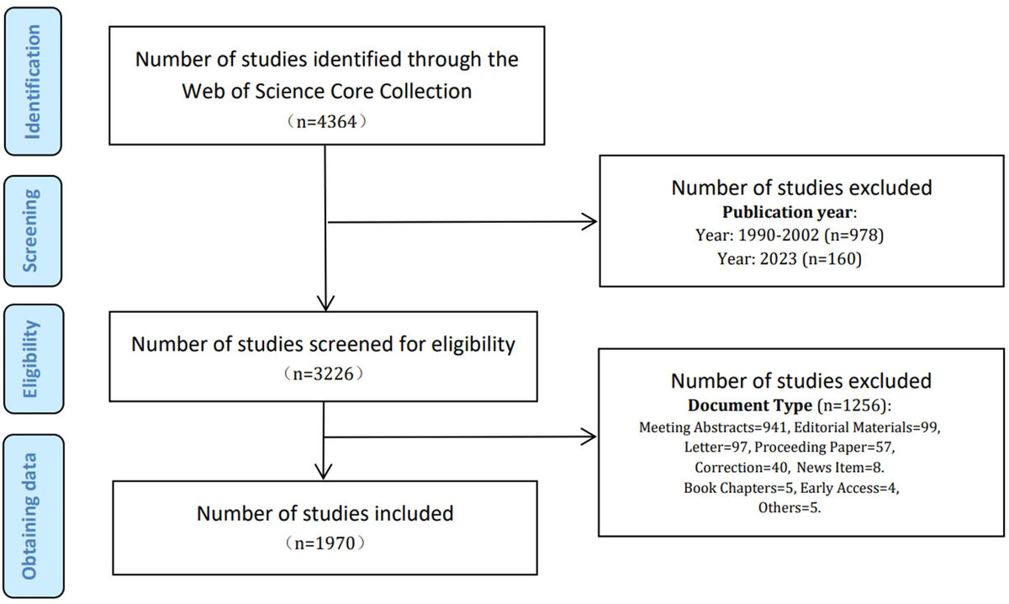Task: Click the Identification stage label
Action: click(33, 82)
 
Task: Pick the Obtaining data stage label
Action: click(30, 517)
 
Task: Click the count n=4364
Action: click(326, 122)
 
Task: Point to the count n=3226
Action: click(324, 374)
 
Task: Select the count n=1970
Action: click(325, 543)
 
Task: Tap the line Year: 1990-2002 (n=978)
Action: click(790, 236)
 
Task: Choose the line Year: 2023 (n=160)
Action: click(790, 259)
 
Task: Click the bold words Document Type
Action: click(750, 405)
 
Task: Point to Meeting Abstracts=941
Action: click(713, 427)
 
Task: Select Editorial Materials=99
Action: click(866, 427)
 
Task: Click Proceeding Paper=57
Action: click(823, 448)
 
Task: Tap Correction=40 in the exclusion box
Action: click(741, 468)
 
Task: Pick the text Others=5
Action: click(790, 507)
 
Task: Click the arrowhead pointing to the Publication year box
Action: click(590, 221)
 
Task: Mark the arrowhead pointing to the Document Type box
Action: click(589, 437)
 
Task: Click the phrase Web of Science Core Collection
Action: click(326, 91)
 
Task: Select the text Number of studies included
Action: click(325, 513)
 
